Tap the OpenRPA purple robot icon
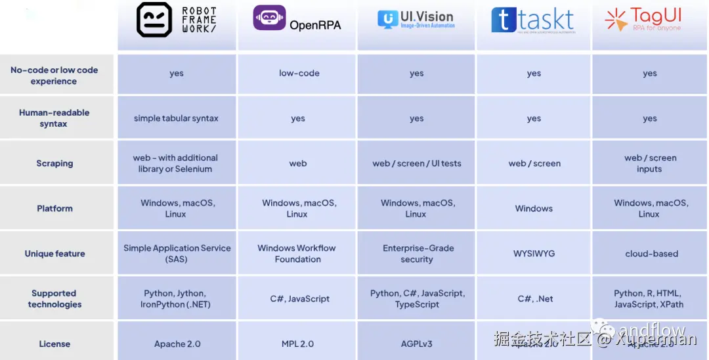pos(269,18)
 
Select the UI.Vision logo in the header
pos(416,20)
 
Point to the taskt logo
pos(532,20)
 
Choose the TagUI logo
pos(643,20)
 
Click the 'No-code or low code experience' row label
pos(54,76)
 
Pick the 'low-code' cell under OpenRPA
pos(299,73)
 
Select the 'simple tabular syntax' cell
pos(176,118)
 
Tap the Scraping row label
pos(54,164)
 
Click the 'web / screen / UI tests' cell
pos(417,164)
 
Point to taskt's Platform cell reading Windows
pos(534,208)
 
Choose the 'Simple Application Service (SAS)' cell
pos(177,254)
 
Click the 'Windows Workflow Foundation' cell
pos(297,254)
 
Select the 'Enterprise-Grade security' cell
pos(418,254)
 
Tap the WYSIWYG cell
pos(534,254)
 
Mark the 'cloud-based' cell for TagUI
pos(651,254)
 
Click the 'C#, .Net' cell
pos(535,299)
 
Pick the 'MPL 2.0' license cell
pos(297,344)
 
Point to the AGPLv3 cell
pos(416,344)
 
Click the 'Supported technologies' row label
pos(54,299)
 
